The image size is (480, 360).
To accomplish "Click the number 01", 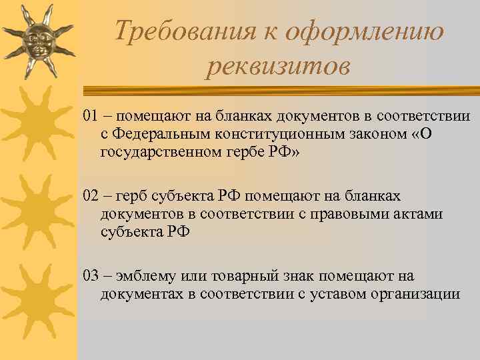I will [91, 117].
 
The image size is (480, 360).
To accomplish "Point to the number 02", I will [91, 196].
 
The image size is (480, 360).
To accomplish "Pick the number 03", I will [91, 275].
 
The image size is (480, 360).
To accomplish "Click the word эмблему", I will [143, 276].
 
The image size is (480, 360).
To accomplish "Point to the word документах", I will [139, 293].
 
